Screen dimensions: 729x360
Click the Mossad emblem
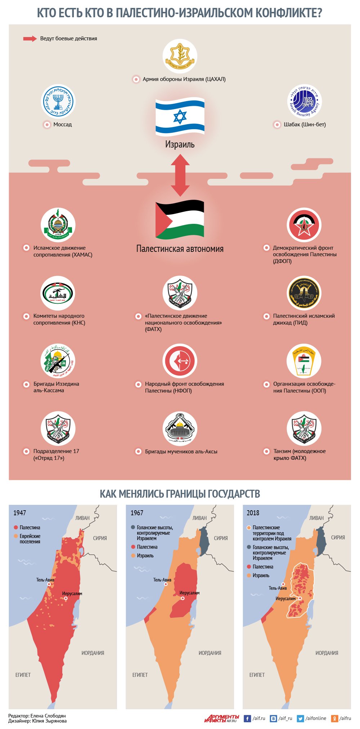pyautogui.click(x=58, y=102)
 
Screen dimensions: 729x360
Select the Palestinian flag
pyautogui.click(x=180, y=220)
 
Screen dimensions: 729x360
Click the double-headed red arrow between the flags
pyautogui.click(x=180, y=175)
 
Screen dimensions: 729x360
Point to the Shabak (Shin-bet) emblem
pyautogui.click(x=304, y=102)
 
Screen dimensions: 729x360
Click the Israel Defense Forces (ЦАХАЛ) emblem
pyautogui.click(x=180, y=56)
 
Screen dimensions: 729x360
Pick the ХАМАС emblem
pyautogui.click(x=58, y=225)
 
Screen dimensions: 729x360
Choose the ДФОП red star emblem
pyautogui.click(x=304, y=225)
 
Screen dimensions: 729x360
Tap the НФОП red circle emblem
pyautogui.click(x=180, y=361)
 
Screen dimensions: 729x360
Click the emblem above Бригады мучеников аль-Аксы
pyautogui.click(x=180, y=429)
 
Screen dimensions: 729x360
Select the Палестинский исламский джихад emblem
pyautogui.click(x=304, y=293)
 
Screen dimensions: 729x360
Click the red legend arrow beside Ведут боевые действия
pyautogui.click(x=30, y=39)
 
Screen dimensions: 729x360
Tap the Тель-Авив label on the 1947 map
pyautogui.click(x=45, y=580)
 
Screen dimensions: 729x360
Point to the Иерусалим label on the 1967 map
pyautogui.click(x=189, y=593)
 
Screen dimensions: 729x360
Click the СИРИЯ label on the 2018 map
pyautogui.click(x=338, y=537)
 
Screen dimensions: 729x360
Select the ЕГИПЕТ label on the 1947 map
pyautogui.click(x=23, y=675)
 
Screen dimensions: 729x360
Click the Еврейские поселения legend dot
pyautogui.click(x=16, y=536)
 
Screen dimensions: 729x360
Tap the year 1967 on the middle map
pyautogui.click(x=137, y=513)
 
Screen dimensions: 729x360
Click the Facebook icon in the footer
pyautogui.click(x=247, y=718)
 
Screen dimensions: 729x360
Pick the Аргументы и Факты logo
pyautogui.click(x=221, y=718)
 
